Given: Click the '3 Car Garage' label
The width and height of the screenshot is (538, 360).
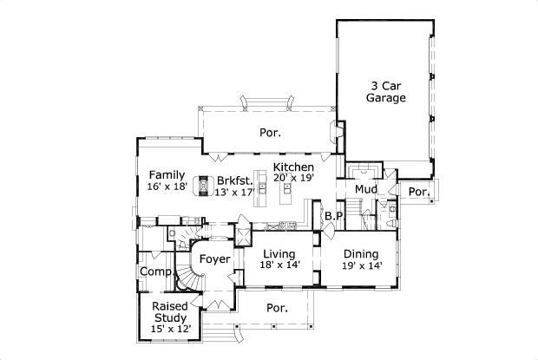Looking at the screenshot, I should (x=385, y=92).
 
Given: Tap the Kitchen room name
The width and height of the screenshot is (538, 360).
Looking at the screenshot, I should (x=293, y=167).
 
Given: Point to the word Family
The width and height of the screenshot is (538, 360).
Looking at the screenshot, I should (x=166, y=174).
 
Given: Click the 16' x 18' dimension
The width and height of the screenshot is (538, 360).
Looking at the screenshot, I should (x=167, y=187).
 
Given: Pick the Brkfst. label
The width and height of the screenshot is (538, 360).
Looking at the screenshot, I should (x=236, y=180).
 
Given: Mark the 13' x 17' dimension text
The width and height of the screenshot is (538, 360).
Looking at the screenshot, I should (x=235, y=192).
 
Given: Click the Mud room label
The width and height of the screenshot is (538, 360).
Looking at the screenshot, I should (x=364, y=189).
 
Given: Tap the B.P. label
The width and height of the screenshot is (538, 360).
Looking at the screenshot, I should (x=334, y=215).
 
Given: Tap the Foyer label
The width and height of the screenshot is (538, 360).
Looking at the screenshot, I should (x=214, y=259).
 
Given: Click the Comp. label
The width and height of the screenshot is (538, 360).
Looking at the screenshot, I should (x=155, y=272).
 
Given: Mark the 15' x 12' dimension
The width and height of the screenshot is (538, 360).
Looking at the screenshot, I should (x=170, y=330).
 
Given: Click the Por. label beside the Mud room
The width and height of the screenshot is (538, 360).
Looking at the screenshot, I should (x=419, y=192).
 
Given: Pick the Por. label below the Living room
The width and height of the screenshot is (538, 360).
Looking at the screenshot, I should (x=277, y=307).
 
